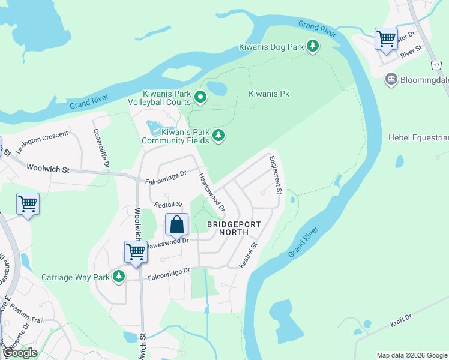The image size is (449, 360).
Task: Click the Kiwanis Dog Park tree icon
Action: (x=312, y=46)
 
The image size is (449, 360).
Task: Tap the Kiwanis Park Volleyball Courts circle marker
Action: (x=201, y=97)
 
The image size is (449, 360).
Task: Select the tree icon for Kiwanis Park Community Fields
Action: (x=219, y=136)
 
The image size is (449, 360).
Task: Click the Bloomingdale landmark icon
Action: (x=391, y=79)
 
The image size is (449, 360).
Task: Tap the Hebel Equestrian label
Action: (x=418, y=138)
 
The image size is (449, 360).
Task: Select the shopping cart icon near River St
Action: (x=387, y=40)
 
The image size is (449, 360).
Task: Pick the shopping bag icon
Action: (x=177, y=226)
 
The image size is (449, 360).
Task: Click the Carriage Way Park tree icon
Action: (x=119, y=276)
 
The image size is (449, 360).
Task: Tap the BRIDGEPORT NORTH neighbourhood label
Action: (x=234, y=228)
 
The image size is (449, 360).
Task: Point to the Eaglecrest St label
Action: (x=275, y=175)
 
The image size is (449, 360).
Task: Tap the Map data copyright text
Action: (x=411, y=355)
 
